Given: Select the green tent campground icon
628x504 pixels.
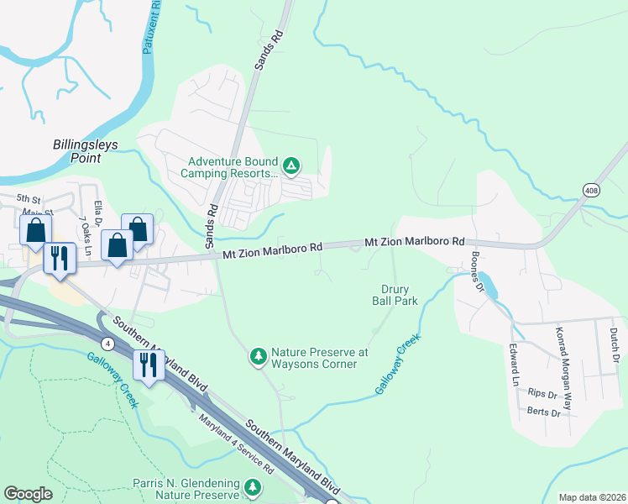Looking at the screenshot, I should coord(291,165).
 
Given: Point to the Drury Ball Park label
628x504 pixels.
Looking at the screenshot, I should coord(395,295).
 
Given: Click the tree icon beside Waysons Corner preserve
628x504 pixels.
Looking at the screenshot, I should coord(259,357).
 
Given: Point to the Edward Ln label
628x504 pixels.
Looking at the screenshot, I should coord(514,364).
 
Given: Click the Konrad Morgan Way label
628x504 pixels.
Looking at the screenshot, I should coord(564,365).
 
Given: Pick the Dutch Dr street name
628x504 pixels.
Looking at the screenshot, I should coord(615,345).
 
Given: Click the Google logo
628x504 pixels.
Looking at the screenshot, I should coord(29,494).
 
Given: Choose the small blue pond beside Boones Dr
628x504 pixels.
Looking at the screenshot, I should coord(490,288).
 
